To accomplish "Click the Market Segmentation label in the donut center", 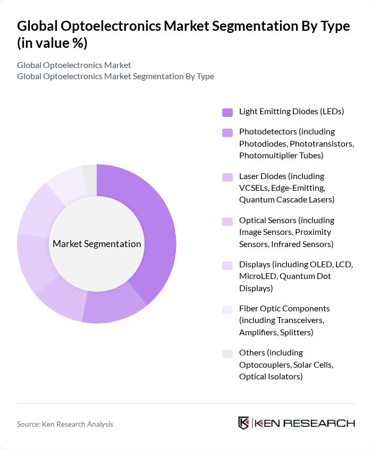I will click(97, 244).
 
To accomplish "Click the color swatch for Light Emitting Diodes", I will click(227, 112).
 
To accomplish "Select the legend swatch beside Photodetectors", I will click(227, 132).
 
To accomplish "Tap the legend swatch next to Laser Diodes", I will click(227, 176).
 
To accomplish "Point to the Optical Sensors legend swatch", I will click(227, 221).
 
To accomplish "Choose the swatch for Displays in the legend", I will click(227, 265).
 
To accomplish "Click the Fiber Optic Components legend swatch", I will click(227, 309).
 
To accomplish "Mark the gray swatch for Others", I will click(227, 353).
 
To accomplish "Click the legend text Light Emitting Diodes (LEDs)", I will click(291, 112).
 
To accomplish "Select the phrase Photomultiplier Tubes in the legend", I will click(281, 156).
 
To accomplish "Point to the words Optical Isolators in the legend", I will click(270, 377).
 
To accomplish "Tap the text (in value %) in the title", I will click(52, 44).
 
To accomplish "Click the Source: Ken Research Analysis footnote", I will click(65, 424).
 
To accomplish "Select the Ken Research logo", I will click(296, 423).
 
